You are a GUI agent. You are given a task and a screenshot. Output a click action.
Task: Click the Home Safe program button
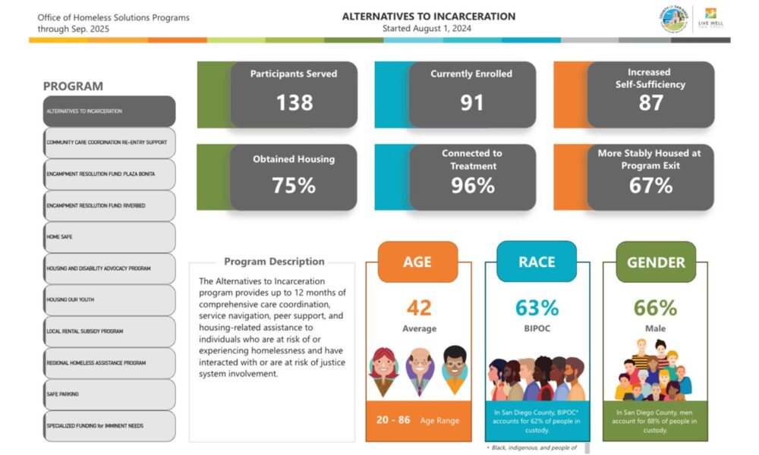(x=109, y=237)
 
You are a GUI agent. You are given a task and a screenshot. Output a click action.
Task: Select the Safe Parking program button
(x=109, y=394)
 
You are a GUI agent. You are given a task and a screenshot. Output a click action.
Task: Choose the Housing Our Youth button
(x=109, y=300)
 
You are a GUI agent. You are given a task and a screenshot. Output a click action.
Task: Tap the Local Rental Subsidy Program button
(x=109, y=331)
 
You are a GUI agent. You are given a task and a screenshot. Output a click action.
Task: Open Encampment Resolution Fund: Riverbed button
(x=109, y=206)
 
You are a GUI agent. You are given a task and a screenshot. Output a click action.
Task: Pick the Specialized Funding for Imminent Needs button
(x=109, y=426)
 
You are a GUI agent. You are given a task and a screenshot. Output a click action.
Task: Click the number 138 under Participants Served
(x=294, y=102)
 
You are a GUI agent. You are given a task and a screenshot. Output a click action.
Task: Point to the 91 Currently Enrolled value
(x=471, y=102)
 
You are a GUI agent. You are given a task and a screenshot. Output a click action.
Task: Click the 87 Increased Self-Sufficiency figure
(x=650, y=102)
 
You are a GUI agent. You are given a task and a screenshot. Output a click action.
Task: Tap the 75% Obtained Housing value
(x=294, y=186)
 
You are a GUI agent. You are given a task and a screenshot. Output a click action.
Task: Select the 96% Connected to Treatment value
(x=471, y=186)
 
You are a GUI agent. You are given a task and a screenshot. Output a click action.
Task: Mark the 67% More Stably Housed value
(x=650, y=186)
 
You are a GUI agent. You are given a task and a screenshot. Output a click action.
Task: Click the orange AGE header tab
(x=417, y=262)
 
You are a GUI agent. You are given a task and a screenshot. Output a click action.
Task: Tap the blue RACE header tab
(x=537, y=262)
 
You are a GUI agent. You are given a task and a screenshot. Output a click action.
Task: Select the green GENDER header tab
(x=655, y=262)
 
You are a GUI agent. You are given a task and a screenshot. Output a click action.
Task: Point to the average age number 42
(x=418, y=308)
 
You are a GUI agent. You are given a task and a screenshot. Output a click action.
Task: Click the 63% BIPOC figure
(x=537, y=308)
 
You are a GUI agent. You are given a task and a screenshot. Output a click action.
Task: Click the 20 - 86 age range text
(x=392, y=420)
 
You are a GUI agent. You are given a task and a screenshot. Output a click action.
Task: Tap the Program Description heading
(x=274, y=262)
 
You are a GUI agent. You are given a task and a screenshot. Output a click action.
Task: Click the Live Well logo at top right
(x=710, y=18)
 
